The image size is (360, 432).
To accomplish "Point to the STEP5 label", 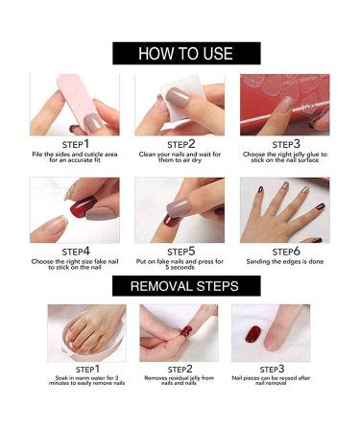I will pyautogui.click(x=179, y=251).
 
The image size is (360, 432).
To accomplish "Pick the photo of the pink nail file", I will pyautogui.click(x=74, y=105).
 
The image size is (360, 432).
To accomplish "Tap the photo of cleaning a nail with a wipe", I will pyautogui.click(x=179, y=105).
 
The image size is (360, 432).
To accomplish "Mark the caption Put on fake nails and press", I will pyautogui.click(x=179, y=266).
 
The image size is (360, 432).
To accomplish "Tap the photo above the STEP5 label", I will pyautogui.click(x=179, y=209).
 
